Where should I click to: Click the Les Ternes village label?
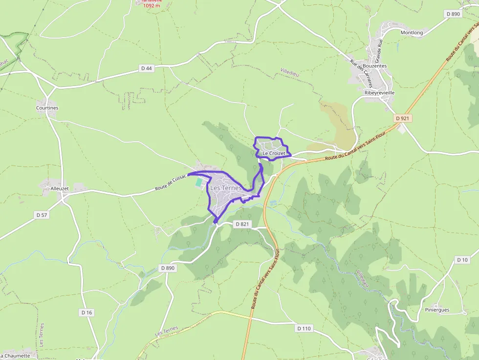(225, 188)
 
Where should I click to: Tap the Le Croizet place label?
(273, 153)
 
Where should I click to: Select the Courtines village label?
(47, 108)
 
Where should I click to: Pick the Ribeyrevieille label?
(379, 92)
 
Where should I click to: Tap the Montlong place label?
(412, 33)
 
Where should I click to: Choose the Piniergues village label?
(436, 310)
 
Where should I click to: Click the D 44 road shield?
(146, 68)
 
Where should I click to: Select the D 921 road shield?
(402, 119)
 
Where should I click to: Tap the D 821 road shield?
(242, 224)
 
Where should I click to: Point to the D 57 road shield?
(42, 215)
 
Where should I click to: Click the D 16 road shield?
(87, 312)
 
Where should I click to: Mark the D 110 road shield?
(304, 329)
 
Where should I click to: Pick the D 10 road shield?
(462, 260)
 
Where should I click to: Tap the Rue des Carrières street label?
(361, 71)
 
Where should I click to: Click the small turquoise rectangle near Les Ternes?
(198, 182)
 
